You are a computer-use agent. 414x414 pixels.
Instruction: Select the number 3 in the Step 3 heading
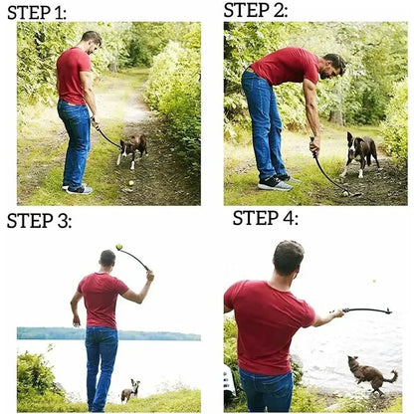click(65, 221)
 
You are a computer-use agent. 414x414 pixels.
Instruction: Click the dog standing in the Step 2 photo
click(360, 150)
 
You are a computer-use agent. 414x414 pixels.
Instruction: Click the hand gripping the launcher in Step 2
click(314, 146)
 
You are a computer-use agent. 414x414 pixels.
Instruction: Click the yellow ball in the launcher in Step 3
click(119, 247)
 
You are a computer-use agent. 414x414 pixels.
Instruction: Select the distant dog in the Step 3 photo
click(130, 390)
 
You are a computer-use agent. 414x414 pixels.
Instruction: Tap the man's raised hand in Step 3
click(150, 274)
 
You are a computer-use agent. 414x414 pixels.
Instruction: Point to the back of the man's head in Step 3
click(107, 260)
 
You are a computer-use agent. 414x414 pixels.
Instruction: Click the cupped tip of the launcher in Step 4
click(386, 311)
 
